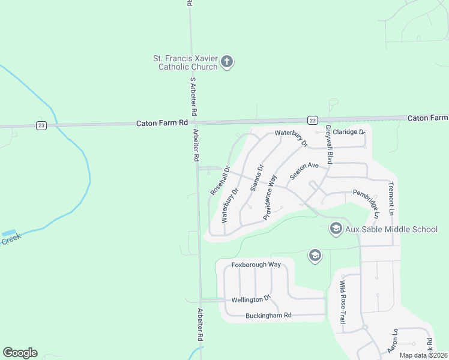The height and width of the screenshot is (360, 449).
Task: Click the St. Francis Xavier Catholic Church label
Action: [x=184, y=62]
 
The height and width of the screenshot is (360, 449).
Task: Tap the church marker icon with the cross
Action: [x=227, y=62]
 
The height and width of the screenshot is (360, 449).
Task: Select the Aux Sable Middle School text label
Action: [x=391, y=229]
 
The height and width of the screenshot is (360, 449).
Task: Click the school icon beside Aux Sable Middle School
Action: [x=336, y=229]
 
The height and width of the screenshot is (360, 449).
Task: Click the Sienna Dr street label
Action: [x=257, y=178]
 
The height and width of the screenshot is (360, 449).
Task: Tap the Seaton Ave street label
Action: [x=303, y=172]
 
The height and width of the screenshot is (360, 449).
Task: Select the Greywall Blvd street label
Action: [x=329, y=145]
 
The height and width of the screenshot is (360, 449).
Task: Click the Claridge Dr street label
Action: [x=349, y=131]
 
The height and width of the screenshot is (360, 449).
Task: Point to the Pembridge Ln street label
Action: [x=367, y=203]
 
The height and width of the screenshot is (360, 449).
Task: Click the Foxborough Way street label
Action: [x=256, y=265]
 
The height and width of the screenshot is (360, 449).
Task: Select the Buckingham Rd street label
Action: [x=268, y=315]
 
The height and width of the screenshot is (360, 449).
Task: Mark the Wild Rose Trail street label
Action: [x=342, y=302]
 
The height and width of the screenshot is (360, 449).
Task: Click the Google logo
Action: [x=20, y=353]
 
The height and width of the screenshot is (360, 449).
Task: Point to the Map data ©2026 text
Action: [x=423, y=355]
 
